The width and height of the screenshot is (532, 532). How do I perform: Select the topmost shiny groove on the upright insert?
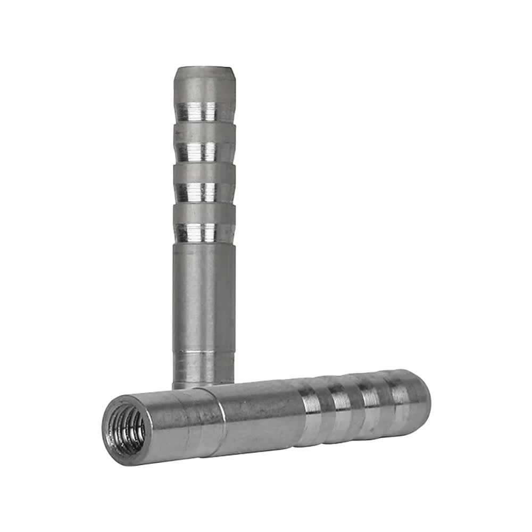[x=204, y=111]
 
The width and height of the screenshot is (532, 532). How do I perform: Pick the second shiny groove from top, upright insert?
[x=204, y=152]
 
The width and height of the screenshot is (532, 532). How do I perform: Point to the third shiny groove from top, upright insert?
[x=204, y=192]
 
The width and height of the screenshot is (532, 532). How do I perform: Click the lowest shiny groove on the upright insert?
[x=204, y=232]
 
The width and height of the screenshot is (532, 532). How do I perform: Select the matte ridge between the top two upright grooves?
[x=204, y=131]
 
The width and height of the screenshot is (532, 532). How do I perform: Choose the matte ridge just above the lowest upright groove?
[x=204, y=213]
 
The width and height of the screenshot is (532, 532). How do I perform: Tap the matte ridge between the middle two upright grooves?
[x=204, y=172]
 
